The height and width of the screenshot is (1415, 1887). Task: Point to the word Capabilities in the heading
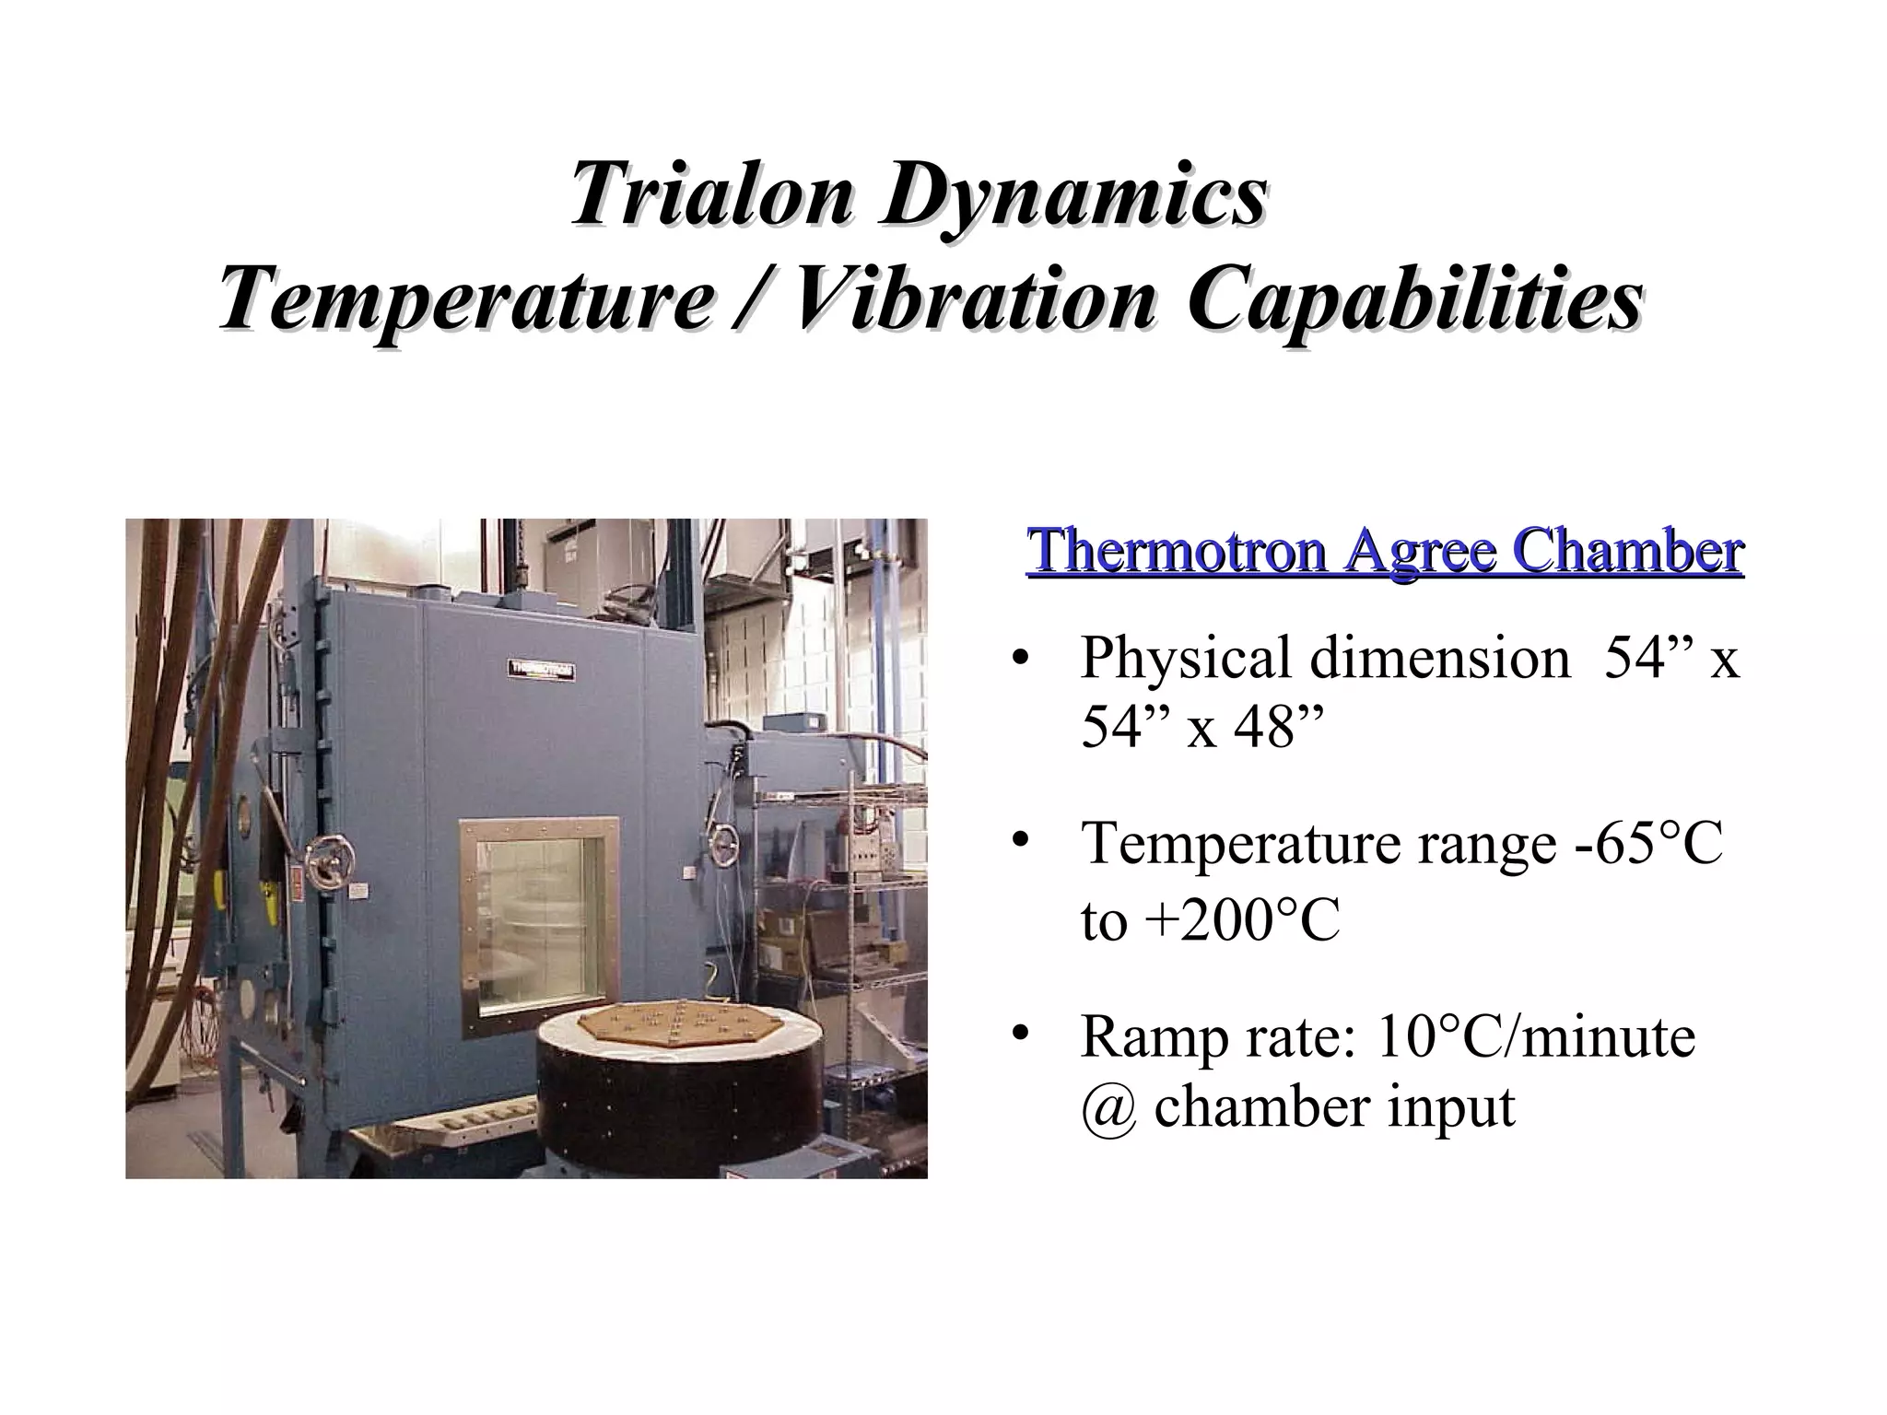pyautogui.click(x=1413, y=301)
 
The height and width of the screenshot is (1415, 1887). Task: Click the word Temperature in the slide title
pyautogui.click(x=466, y=301)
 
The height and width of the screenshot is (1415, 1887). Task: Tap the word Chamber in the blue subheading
pyautogui.click(x=1629, y=551)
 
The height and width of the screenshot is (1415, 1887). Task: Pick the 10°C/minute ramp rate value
pyautogui.click(x=1535, y=1036)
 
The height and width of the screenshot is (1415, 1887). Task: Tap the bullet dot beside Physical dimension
pyautogui.click(x=1019, y=659)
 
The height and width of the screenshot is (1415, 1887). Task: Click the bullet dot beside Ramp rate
pyautogui.click(x=1019, y=1035)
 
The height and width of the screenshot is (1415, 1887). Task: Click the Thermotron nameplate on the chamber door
pyautogui.click(x=541, y=670)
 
